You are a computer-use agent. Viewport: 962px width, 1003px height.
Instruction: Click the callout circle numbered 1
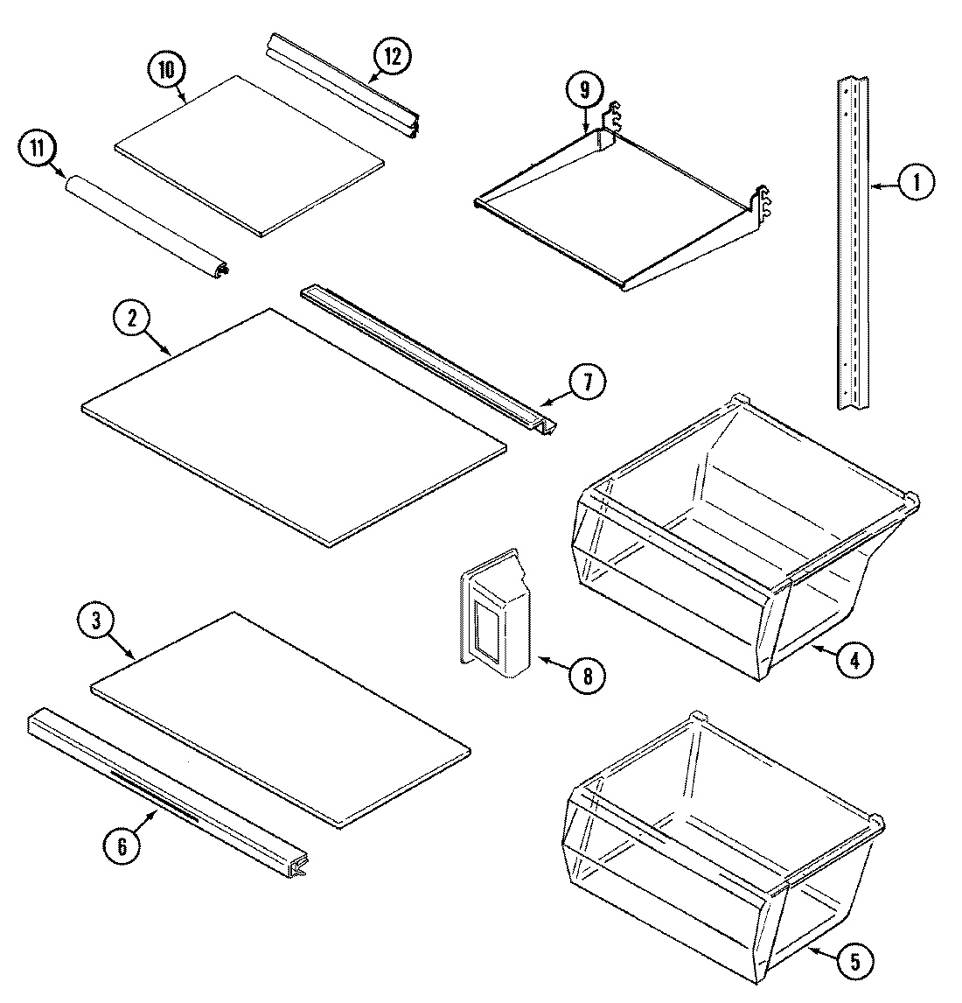click(916, 183)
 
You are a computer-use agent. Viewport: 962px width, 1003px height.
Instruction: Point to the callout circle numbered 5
click(854, 962)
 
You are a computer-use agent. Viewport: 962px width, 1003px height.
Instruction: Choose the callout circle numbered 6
click(122, 845)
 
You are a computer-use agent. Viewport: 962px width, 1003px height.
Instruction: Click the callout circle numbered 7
click(587, 382)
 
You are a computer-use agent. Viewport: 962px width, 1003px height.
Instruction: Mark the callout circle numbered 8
click(585, 676)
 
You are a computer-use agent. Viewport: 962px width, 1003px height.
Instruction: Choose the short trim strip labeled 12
click(341, 83)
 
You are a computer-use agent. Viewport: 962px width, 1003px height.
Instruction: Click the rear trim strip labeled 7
click(429, 359)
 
